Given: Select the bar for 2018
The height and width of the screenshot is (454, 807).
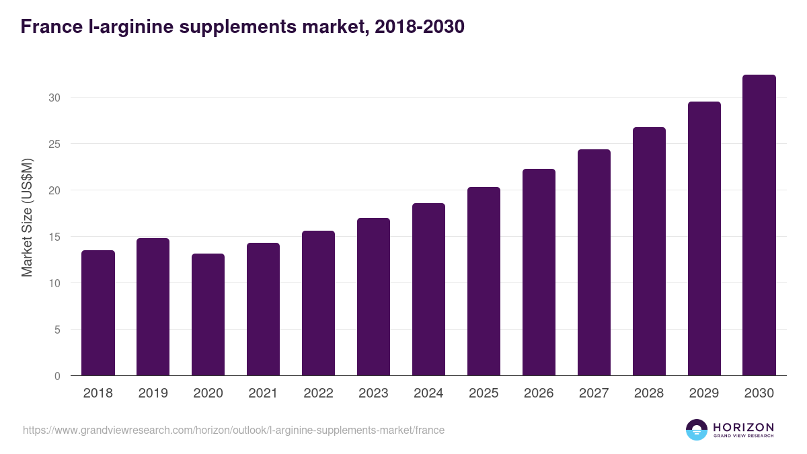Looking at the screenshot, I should (x=98, y=313).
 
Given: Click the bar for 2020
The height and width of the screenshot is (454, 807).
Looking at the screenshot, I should (x=208, y=315).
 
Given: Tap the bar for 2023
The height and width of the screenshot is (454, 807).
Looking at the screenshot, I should (x=374, y=297).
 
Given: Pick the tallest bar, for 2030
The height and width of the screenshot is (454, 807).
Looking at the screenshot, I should (x=759, y=225).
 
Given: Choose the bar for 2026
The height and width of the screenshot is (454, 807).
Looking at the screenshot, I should (x=539, y=272).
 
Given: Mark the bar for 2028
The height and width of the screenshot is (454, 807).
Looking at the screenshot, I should (x=650, y=252).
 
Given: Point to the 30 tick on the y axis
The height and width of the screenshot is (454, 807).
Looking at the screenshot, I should (x=54, y=98).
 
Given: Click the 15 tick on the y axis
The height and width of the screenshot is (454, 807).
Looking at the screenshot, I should (x=54, y=237).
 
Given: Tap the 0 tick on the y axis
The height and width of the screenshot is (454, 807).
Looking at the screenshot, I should (x=57, y=376).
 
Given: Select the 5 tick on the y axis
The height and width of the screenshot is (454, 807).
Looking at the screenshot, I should (x=57, y=330).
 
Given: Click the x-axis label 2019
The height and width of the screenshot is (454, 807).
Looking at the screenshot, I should (x=153, y=393).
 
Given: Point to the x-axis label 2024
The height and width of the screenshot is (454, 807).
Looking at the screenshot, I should (x=429, y=393).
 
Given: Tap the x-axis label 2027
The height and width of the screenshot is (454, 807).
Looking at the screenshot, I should (x=594, y=393).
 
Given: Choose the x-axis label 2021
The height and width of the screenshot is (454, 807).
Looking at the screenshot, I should (x=264, y=393).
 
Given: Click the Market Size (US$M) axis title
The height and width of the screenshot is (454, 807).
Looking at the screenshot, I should (x=27, y=217).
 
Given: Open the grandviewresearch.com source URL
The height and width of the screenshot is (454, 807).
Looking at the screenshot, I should (x=233, y=430).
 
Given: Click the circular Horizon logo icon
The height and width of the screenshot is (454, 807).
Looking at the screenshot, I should (x=697, y=430).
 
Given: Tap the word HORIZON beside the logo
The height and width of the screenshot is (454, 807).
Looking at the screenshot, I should (x=743, y=427).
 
